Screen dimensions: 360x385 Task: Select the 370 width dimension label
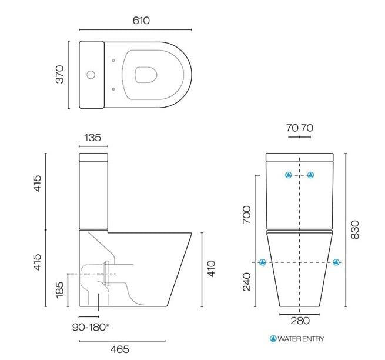coord(59,75)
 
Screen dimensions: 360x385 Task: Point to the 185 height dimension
coord(59,289)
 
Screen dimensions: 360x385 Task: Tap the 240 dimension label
coord(247,282)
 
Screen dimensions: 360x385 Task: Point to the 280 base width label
coord(300,321)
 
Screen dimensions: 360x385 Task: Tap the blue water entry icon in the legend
coord(273,339)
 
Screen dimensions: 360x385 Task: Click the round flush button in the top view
coord(90,75)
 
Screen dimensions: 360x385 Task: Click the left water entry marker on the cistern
coord(288,175)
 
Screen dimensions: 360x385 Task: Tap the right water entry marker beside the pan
coord(336,262)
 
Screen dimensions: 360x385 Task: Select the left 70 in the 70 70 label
coord(292,127)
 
